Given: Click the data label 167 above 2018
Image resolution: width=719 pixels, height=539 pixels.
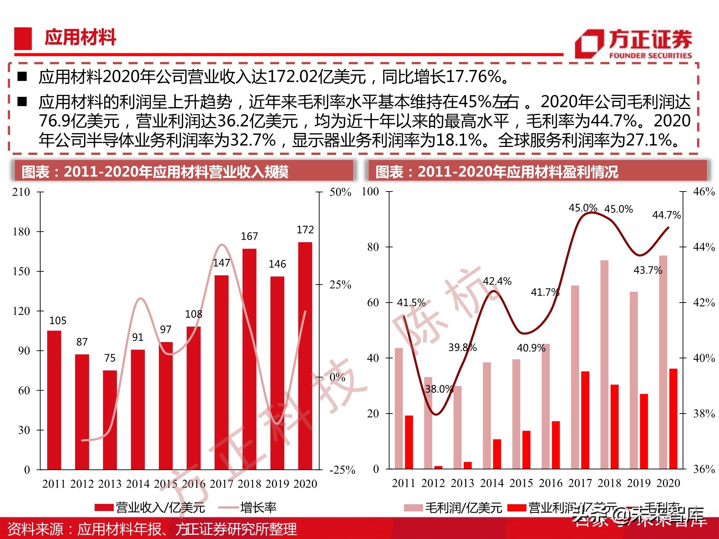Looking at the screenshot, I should [x=249, y=236].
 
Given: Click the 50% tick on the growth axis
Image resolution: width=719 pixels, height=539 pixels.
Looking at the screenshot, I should [x=340, y=192].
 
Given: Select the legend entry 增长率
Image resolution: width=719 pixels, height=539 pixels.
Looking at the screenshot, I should [x=258, y=507].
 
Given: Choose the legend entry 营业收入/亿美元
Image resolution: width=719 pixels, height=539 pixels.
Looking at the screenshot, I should [x=160, y=507].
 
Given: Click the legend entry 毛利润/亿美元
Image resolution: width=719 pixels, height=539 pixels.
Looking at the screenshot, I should [x=463, y=508].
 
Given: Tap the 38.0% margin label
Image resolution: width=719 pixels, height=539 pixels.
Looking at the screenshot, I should [x=439, y=389].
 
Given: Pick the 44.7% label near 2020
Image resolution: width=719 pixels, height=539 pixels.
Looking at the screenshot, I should [x=666, y=215].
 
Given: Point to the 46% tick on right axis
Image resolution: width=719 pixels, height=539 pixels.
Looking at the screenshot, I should [x=704, y=192].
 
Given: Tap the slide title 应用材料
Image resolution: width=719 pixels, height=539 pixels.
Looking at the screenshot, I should [x=80, y=37].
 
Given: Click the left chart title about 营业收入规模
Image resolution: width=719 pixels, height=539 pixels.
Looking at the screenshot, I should [x=155, y=172].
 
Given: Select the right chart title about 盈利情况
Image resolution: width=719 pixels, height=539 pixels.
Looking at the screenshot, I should [x=496, y=172].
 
